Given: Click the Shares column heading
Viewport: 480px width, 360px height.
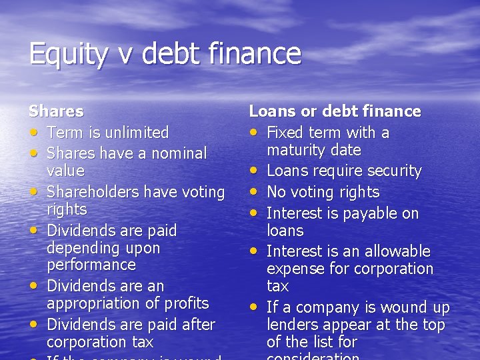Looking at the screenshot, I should tap(56, 111).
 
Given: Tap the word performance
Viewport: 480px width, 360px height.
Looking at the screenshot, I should tap(91, 265).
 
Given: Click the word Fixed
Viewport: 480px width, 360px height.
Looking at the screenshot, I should tap(287, 132).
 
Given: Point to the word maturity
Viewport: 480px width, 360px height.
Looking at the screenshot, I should tap(294, 150).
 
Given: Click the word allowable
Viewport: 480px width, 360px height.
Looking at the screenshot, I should tap(396, 251).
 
